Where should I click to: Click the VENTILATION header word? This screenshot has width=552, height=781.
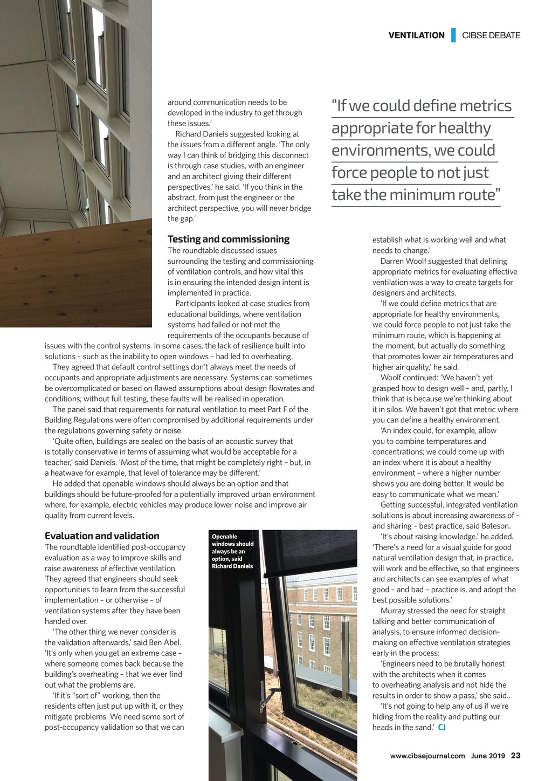click(x=416, y=36)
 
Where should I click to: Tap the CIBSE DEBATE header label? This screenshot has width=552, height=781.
click(x=491, y=36)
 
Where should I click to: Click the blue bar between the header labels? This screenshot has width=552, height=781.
click(x=453, y=35)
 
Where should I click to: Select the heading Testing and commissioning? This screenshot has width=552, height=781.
click(x=229, y=239)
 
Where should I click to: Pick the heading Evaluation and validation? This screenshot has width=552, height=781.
click(x=102, y=536)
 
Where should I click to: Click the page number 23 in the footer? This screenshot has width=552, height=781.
click(x=516, y=756)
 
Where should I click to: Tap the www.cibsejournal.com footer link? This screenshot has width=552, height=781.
click(x=427, y=756)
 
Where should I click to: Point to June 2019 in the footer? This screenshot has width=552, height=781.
click(x=488, y=756)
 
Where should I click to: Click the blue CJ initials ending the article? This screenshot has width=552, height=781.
click(x=442, y=728)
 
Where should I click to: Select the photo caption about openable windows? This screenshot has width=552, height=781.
click(x=232, y=551)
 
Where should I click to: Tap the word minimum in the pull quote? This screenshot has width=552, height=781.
click(x=428, y=195)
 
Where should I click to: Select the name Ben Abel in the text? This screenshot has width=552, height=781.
click(x=166, y=642)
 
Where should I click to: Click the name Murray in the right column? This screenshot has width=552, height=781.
click(x=392, y=611)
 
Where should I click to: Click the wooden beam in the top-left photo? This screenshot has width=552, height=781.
click(x=75, y=270)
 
